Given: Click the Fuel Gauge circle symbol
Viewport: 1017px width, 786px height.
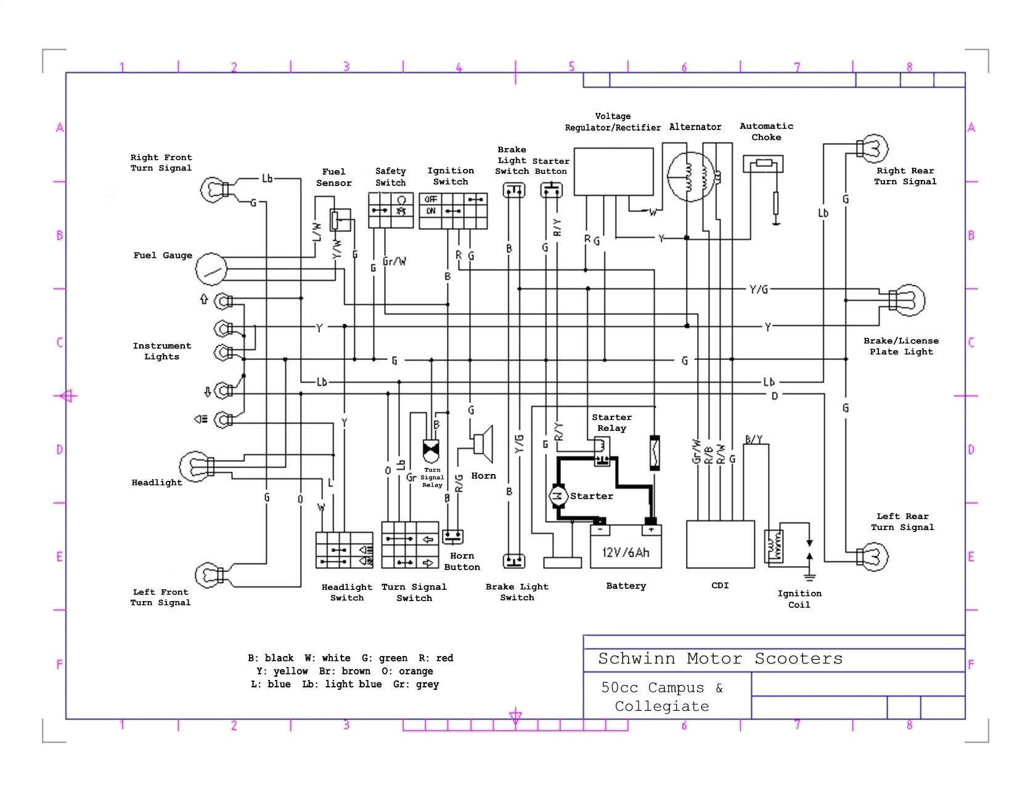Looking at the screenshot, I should pos(211,269).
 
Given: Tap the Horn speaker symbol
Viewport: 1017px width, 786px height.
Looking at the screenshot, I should pos(484,443).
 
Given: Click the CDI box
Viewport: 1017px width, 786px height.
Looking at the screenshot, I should pos(720,544).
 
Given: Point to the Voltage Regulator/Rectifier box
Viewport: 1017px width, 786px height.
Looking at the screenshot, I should pos(613,171).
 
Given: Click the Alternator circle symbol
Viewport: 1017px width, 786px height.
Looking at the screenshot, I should pos(692,176).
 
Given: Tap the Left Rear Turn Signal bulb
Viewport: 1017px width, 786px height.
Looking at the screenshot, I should pos(873,556).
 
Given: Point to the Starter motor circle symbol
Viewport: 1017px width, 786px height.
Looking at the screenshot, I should pos(558,496).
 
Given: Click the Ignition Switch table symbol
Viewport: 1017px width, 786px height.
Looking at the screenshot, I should pos(453,210).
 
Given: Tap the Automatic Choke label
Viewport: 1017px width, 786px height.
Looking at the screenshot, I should pos(766,131).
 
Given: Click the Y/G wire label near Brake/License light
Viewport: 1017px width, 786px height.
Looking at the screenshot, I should pos(758,289).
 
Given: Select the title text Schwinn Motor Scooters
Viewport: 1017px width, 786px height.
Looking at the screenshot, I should pos(720,658).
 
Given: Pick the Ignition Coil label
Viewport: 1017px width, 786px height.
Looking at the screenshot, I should pos(799,599).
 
